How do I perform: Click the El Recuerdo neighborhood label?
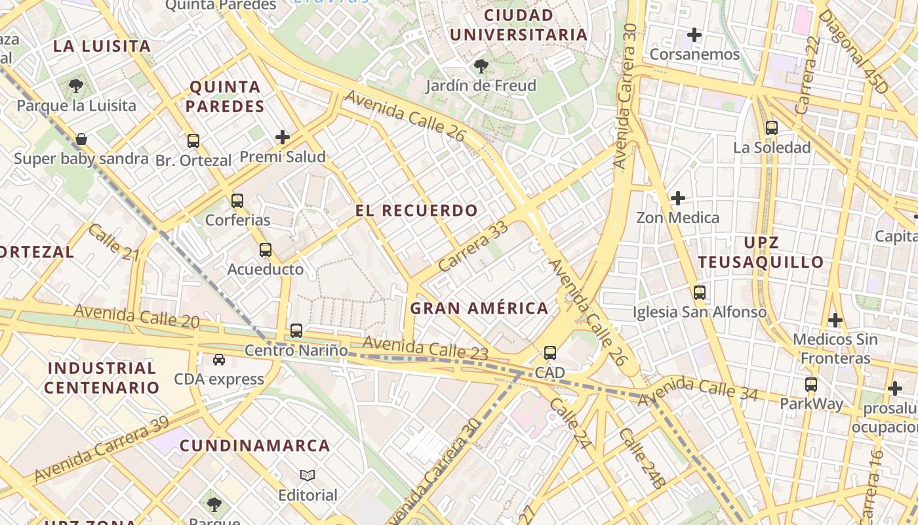[416, 211]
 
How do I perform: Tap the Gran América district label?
[479, 308]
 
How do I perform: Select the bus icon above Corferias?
[237, 201]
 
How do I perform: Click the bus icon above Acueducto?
[265, 250]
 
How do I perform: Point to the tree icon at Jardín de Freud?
[481, 66]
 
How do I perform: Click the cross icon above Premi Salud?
[283, 137]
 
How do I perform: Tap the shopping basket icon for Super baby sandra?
[81, 139]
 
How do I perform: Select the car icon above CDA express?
[218, 360]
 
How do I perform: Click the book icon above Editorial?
[308, 475]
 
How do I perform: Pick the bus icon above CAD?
[549, 353]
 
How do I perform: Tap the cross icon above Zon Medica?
[677, 198]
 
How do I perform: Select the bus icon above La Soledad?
[772, 128]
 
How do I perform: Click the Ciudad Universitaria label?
[518, 24]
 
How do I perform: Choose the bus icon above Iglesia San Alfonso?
[700, 293]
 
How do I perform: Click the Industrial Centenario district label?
[102, 377]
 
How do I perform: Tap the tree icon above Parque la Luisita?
[76, 85]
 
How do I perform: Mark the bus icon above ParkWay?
[811, 385]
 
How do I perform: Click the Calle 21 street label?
[114, 241]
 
